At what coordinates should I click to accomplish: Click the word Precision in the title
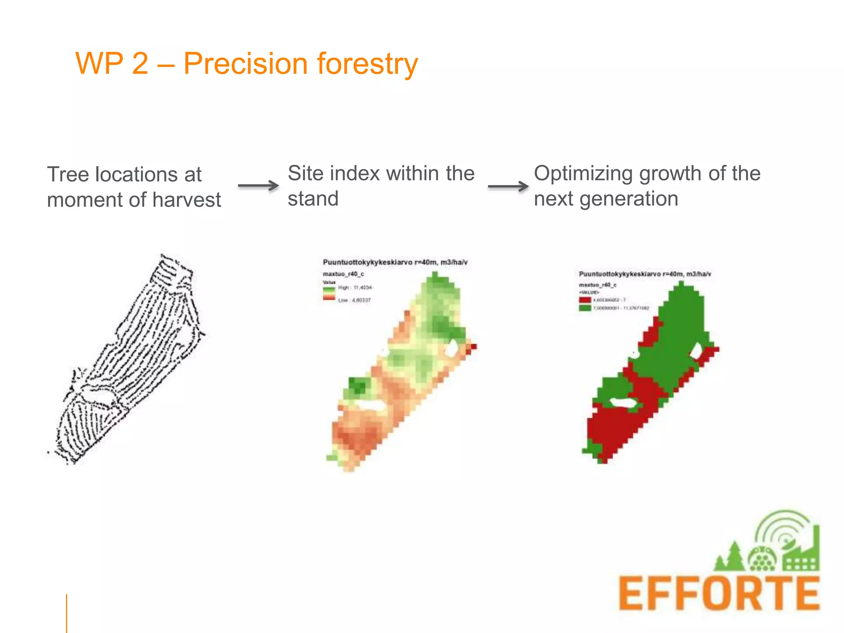pos(245,64)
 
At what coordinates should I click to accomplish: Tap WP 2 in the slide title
pos(112,64)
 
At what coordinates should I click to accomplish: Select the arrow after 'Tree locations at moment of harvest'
pos(258,186)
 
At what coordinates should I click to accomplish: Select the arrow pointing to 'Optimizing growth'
pos(508,187)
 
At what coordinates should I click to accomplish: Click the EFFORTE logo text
pos(719,593)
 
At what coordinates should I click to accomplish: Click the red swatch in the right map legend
pos(585,300)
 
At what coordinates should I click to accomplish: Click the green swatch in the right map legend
pos(585,308)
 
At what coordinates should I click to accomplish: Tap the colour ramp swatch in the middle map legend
pos(329,293)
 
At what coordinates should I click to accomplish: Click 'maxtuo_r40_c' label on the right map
pos(598,285)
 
